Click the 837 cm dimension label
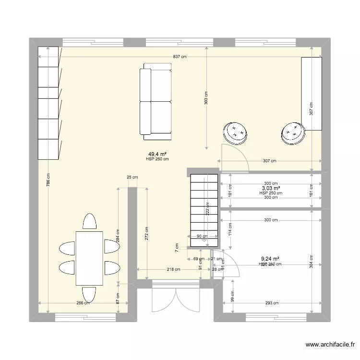click(180, 57)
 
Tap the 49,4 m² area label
click(157, 154)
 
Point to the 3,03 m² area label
click(271, 189)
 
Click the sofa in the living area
click(155, 101)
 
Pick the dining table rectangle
click(89, 258)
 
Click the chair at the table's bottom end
click(89, 294)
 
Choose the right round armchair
click(293, 133)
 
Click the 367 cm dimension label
click(311, 109)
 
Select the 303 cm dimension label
click(206, 98)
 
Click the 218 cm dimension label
click(174, 269)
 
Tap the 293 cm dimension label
click(271, 303)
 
